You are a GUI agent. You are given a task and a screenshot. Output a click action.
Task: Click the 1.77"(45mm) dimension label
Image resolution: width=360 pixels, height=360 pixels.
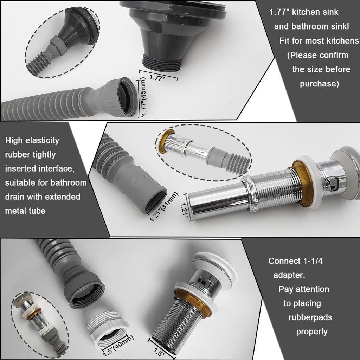point(144,97)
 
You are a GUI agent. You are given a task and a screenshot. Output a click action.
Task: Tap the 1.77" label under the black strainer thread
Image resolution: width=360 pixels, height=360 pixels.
point(157,78)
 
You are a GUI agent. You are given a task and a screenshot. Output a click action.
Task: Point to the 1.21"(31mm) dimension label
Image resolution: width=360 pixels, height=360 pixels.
point(164,207)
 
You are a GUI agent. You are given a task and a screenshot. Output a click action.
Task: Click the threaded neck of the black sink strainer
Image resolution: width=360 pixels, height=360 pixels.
point(162,62)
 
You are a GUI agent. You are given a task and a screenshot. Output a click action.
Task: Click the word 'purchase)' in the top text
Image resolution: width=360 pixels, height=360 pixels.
point(319,84)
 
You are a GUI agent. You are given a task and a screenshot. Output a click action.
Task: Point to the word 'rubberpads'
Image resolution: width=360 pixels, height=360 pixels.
point(310,317)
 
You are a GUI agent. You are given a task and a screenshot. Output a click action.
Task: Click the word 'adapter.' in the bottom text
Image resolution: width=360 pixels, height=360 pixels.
point(289,275)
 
